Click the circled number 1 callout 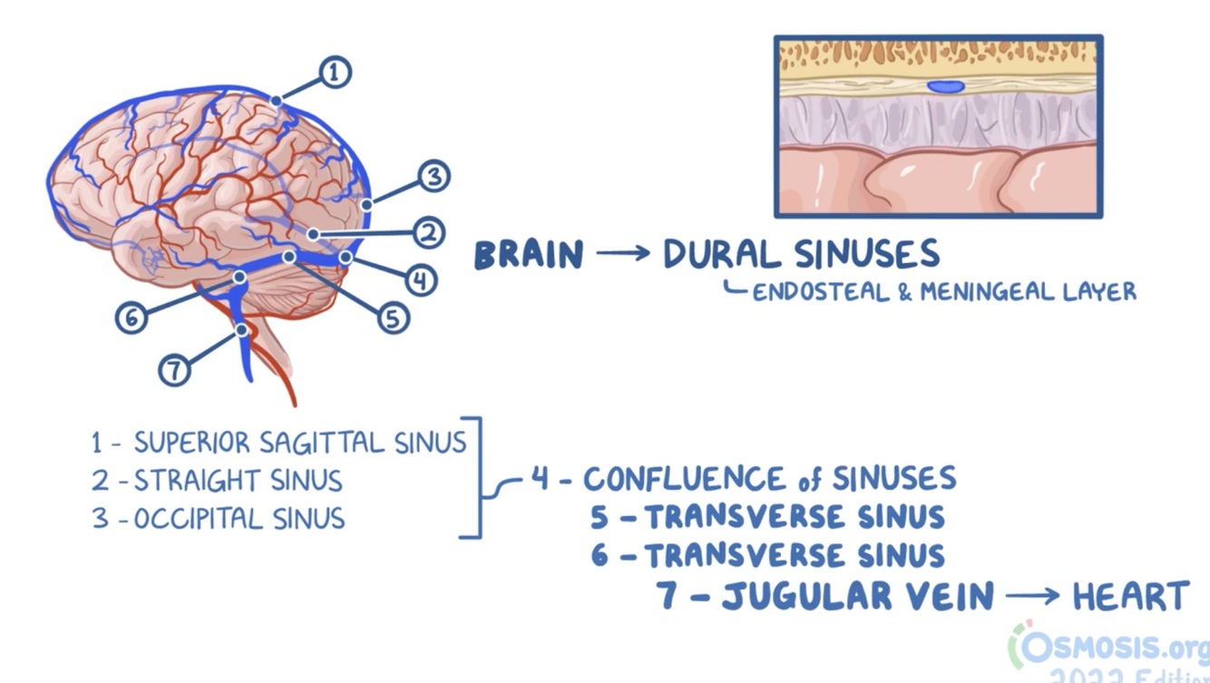(x=334, y=72)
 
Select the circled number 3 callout (x=434, y=176)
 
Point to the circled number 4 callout (x=419, y=279)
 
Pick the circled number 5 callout (x=393, y=317)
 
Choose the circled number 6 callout (x=132, y=317)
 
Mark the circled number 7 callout (x=175, y=369)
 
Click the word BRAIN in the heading (x=529, y=255)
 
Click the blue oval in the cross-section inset (x=945, y=87)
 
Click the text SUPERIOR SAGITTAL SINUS (x=299, y=443)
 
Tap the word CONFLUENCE (x=684, y=478)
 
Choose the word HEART (x=1130, y=597)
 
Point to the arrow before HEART (x=1032, y=597)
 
